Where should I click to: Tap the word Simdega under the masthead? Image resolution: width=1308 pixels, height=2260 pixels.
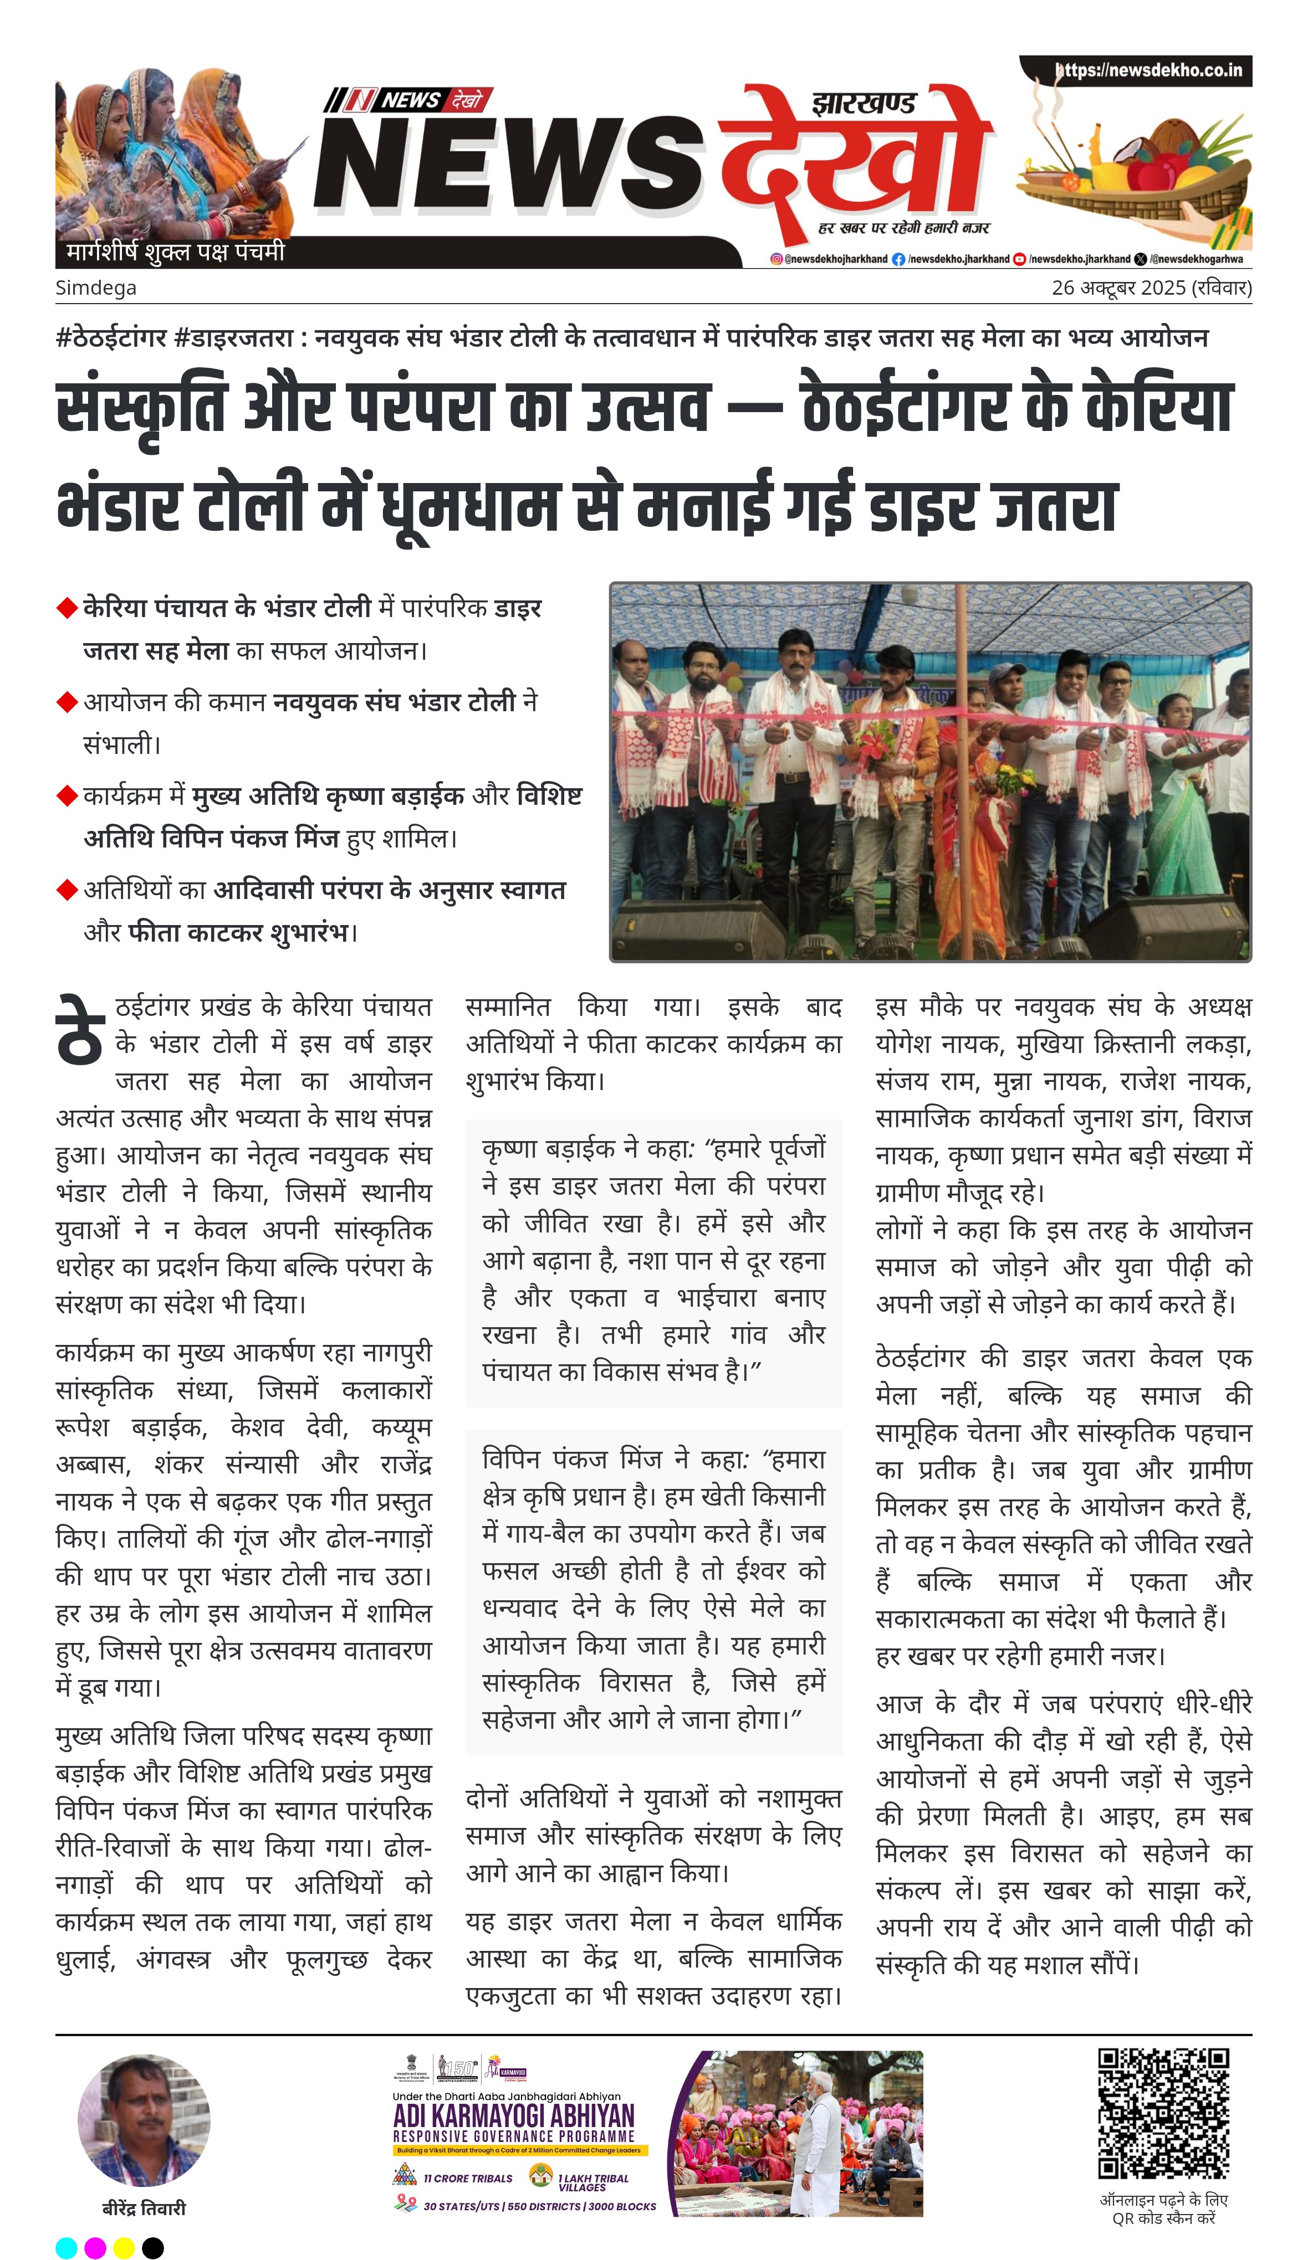[x=96, y=288]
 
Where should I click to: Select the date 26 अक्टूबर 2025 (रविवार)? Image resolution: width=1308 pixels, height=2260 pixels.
[x=1151, y=288]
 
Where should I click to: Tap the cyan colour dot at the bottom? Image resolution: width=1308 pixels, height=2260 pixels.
[x=67, y=2247]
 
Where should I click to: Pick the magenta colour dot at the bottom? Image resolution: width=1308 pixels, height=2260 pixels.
[x=95, y=2247]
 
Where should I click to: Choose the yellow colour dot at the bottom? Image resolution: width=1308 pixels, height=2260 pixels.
[x=124, y=2247]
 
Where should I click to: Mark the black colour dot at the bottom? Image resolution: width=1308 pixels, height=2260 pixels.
[x=154, y=2247]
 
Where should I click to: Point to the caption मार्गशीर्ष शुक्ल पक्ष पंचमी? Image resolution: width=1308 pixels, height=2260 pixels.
[x=175, y=252]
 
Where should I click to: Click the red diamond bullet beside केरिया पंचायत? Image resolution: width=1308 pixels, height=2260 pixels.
[x=67, y=608]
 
